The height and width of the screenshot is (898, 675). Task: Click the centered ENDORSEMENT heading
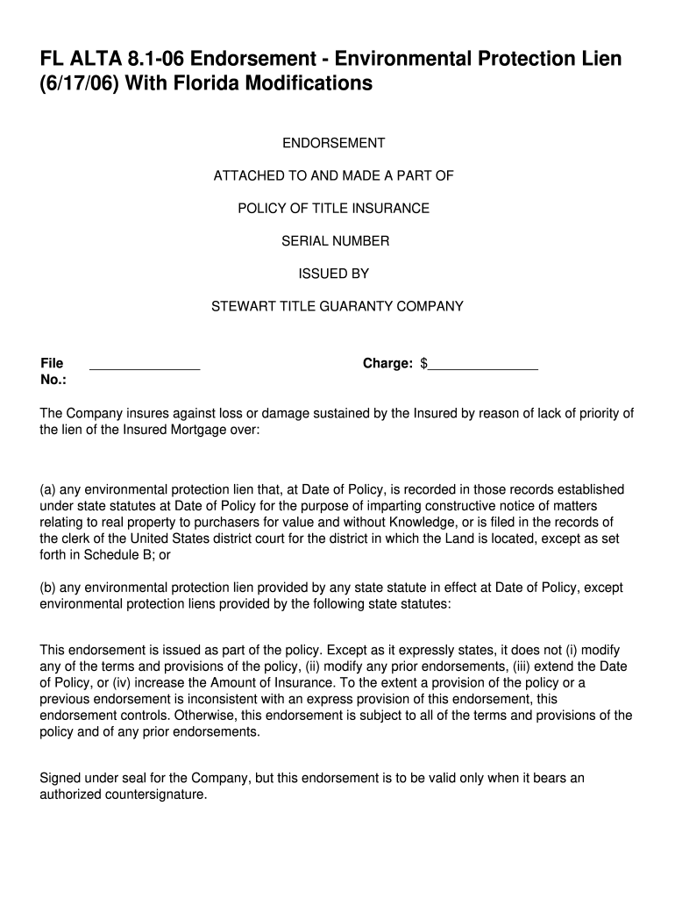coord(333,143)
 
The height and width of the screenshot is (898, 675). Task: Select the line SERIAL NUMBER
coord(335,241)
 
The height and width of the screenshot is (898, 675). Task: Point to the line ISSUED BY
coord(334,274)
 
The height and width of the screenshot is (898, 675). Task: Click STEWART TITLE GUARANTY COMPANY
coord(337,307)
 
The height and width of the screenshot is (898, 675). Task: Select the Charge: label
coord(387,363)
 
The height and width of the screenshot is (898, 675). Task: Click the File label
coord(52,363)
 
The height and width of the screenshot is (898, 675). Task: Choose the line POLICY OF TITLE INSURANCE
coord(334,209)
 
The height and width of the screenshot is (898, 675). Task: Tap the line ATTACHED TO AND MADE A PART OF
coord(334,175)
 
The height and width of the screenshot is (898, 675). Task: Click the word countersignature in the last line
coord(153,795)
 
